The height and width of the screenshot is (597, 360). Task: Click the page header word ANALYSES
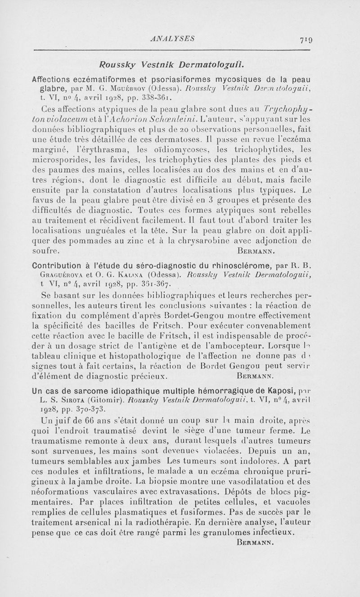(173, 39)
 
